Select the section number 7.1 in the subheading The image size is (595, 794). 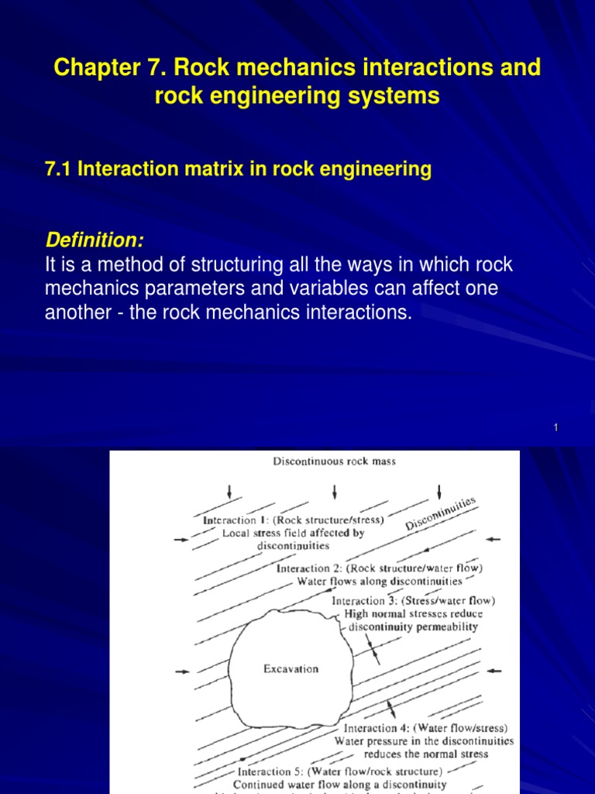[60, 170]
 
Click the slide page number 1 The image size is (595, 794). [556, 429]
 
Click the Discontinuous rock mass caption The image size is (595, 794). [334, 462]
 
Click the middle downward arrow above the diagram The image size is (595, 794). [334, 492]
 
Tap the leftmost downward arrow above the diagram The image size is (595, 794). [229, 492]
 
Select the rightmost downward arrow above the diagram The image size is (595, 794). [439, 492]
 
